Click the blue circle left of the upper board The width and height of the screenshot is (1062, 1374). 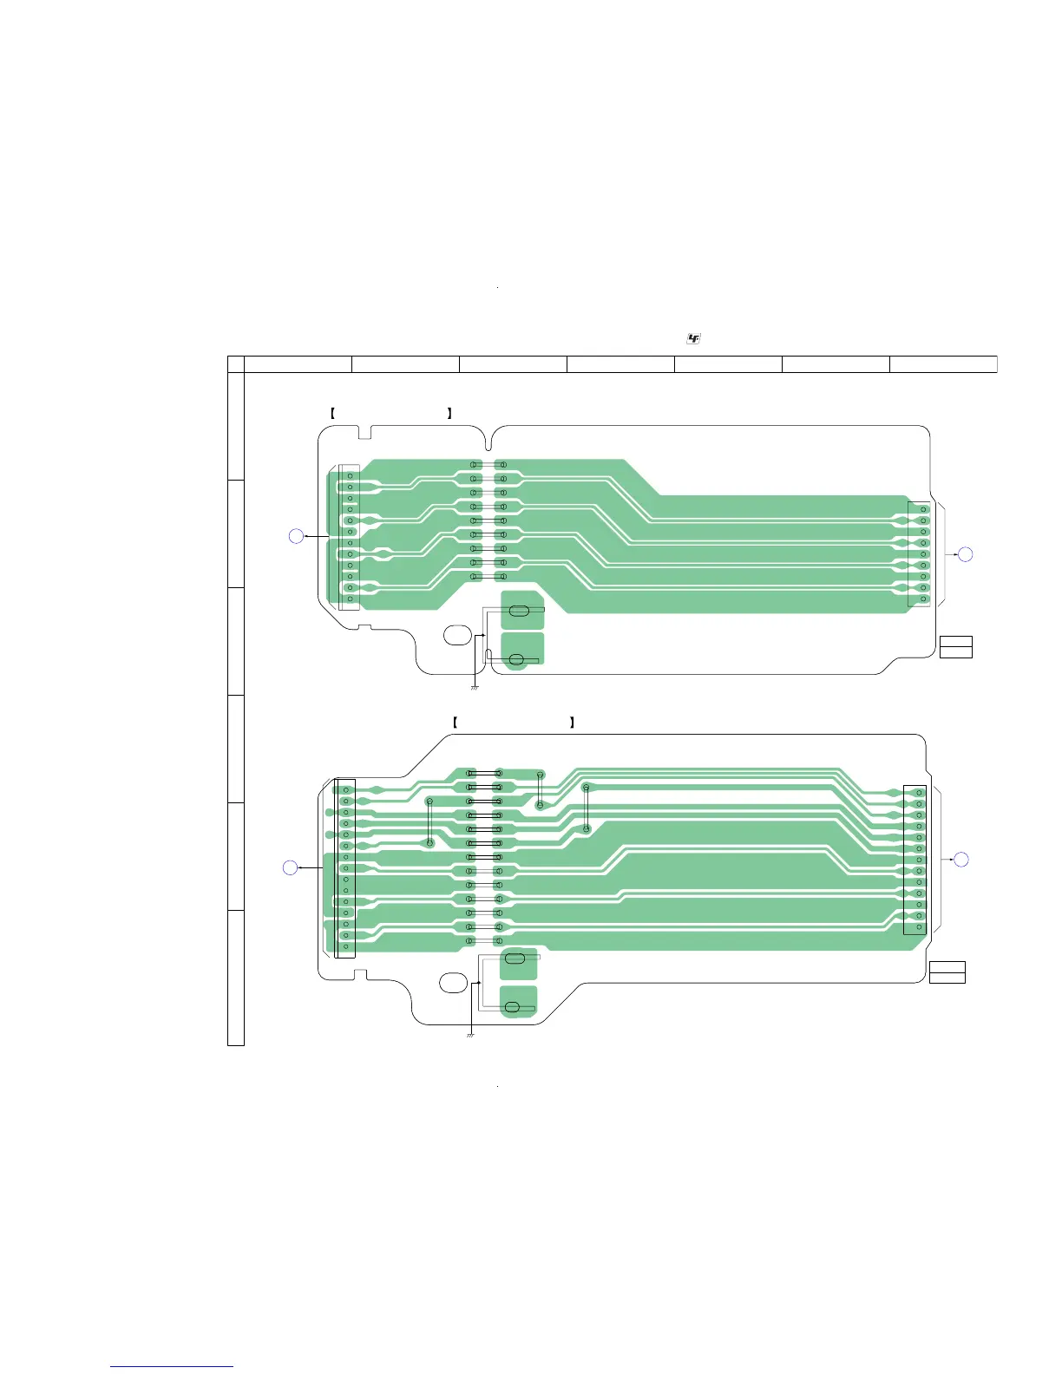(x=296, y=536)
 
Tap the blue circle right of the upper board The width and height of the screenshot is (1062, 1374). (x=966, y=553)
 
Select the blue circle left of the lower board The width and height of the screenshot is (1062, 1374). (x=291, y=867)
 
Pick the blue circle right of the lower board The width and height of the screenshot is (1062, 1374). (x=960, y=860)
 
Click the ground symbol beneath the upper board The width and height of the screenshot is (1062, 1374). (x=475, y=688)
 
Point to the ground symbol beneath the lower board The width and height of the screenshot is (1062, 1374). (x=470, y=1035)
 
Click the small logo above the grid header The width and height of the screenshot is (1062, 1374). (x=693, y=338)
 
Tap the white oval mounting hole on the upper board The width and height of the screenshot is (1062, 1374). (x=457, y=634)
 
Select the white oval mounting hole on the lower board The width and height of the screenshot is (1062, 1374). (x=452, y=983)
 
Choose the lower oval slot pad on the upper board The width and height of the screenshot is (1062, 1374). (x=516, y=661)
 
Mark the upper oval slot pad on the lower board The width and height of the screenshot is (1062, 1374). (x=515, y=959)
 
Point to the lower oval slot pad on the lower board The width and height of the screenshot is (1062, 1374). (x=512, y=1007)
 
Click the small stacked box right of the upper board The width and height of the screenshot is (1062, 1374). (x=955, y=647)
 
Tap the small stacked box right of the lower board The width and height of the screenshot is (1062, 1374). (x=947, y=972)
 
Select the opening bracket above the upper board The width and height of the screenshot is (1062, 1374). (x=333, y=414)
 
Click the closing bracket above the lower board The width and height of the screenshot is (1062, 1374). (x=572, y=722)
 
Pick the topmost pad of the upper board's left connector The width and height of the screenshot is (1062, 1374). (x=350, y=476)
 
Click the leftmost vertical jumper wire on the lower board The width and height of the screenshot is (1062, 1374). (x=429, y=822)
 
